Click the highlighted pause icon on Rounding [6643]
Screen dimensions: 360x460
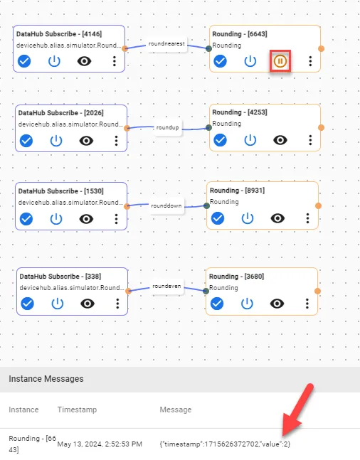pyautogui.click(x=280, y=61)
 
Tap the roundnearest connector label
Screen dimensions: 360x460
pyautogui.click(x=166, y=43)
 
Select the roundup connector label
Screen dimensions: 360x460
pyautogui.click(x=167, y=127)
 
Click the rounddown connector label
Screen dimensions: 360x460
pyautogui.click(x=166, y=205)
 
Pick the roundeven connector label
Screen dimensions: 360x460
pyautogui.click(x=166, y=286)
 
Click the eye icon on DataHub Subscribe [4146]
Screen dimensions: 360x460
pyautogui.click(x=84, y=61)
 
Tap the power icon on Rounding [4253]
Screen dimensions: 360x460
pyautogui.click(x=250, y=140)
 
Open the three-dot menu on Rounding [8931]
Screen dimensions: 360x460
pyautogui.click(x=307, y=218)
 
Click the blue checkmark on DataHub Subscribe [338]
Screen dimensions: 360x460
pyautogui.click(x=28, y=304)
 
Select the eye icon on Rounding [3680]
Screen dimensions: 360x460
pyautogui.click(x=277, y=304)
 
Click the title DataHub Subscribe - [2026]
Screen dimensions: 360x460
pyautogui.click(x=60, y=113)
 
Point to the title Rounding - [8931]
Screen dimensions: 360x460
pyautogui.click(x=237, y=191)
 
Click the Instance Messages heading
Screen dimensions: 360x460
pyautogui.click(x=46, y=379)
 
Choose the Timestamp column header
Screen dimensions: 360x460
pyautogui.click(x=77, y=410)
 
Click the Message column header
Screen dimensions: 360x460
pyautogui.click(x=176, y=410)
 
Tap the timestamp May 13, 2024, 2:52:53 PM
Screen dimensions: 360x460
pyautogui.click(x=100, y=444)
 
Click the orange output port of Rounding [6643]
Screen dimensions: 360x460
pyautogui.click(x=322, y=48)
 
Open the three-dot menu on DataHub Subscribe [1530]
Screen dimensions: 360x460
pyautogui.click(x=116, y=219)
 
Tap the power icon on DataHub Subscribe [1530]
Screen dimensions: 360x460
pyautogui.click(x=56, y=219)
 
